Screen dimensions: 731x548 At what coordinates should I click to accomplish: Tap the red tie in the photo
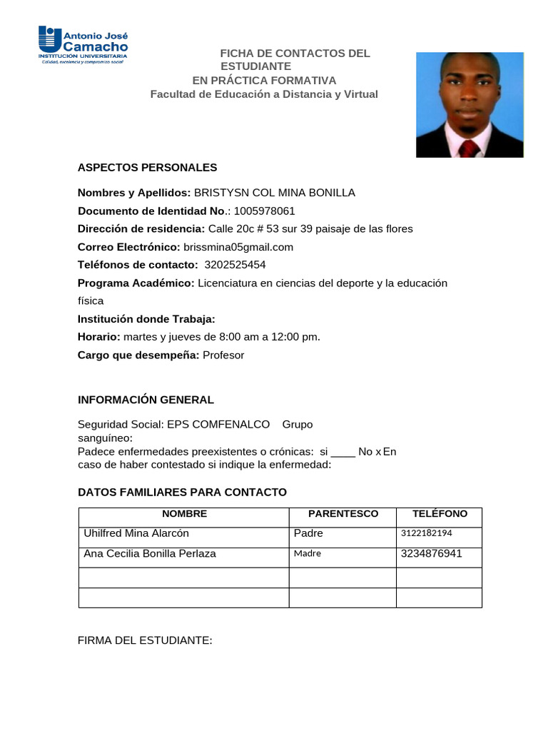click(x=469, y=148)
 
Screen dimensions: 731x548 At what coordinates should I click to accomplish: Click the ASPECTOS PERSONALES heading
click(x=147, y=168)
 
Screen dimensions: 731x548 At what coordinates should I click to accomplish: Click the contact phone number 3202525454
click(x=235, y=265)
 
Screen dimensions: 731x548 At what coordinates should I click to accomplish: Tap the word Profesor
click(x=223, y=355)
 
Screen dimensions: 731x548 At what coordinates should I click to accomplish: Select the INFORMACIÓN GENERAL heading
click(x=146, y=400)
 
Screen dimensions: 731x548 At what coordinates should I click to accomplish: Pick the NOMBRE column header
click(x=184, y=514)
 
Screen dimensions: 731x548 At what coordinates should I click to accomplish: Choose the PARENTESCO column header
click(x=343, y=514)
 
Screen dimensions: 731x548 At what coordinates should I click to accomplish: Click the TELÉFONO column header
click(x=440, y=514)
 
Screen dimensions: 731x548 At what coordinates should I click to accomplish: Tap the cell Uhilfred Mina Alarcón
click(x=137, y=533)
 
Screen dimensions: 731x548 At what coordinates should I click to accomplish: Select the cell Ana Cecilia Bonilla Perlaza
click(x=150, y=554)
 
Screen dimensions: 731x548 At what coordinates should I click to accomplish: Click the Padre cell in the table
click(x=308, y=533)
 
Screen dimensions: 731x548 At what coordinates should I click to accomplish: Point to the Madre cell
click(x=307, y=554)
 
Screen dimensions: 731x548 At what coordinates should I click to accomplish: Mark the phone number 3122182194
click(x=427, y=533)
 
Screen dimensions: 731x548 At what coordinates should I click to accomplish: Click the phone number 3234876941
click(x=432, y=554)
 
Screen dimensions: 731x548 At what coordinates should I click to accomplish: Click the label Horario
click(x=99, y=337)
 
